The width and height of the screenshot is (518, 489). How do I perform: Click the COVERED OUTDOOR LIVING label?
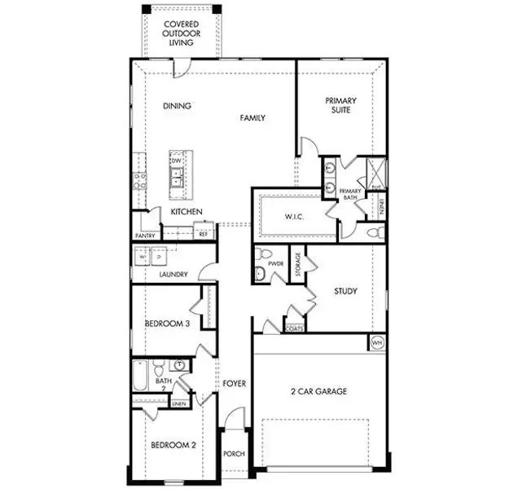click(x=182, y=33)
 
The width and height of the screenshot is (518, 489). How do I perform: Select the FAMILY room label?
click(x=252, y=118)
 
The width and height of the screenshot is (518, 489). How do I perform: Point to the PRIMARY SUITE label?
click(x=341, y=107)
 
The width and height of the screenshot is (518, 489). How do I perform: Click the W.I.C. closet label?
click(x=293, y=217)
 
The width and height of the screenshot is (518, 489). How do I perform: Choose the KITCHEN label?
click(x=187, y=213)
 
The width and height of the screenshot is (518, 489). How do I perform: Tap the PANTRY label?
click(x=145, y=236)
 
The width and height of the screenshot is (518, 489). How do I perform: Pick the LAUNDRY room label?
click(x=173, y=275)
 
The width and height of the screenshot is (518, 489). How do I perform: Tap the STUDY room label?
click(x=345, y=291)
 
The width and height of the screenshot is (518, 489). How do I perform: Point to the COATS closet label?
click(x=295, y=328)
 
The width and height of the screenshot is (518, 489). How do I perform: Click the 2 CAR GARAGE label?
click(x=318, y=392)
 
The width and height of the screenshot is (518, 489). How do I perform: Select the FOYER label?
click(x=235, y=383)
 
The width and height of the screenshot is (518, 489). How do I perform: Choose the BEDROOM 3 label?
click(x=167, y=324)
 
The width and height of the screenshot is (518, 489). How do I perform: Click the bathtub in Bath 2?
click(x=140, y=377)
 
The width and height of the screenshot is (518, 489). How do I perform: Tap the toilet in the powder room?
click(x=260, y=273)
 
